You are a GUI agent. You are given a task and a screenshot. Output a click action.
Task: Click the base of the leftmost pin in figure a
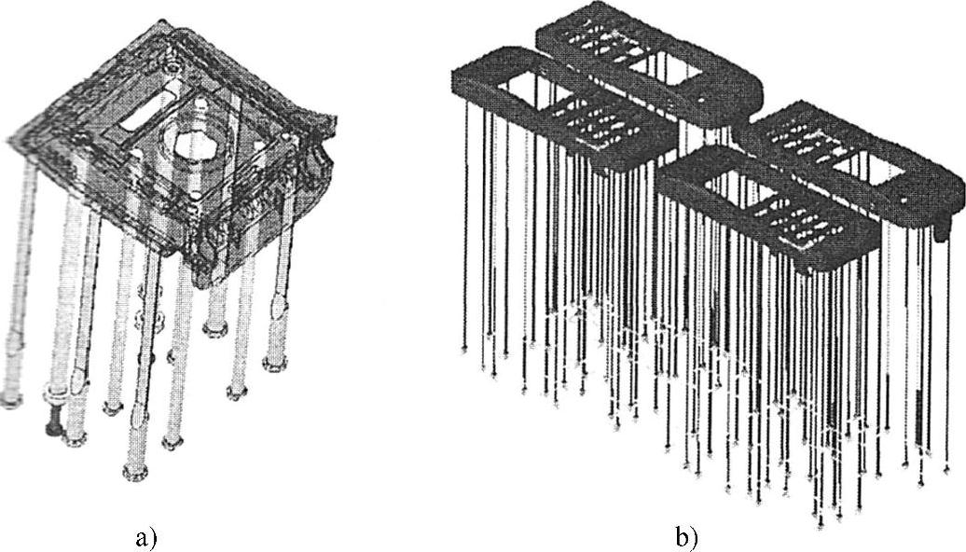pyautogui.click(x=11, y=399)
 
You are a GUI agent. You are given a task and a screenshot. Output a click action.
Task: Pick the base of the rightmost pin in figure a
pyautogui.click(x=275, y=362)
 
